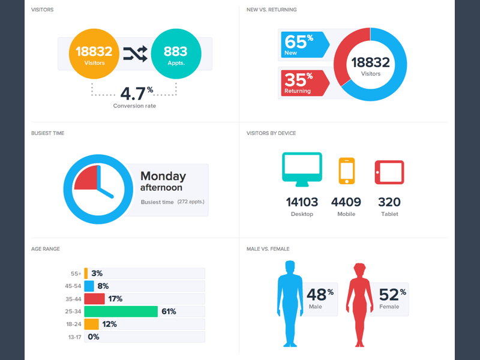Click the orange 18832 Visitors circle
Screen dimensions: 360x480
[x=94, y=55]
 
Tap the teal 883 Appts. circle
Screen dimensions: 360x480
[x=176, y=55]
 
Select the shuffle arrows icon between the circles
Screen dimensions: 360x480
[x=135, y=54]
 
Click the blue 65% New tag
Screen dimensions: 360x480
[x=304, y=46]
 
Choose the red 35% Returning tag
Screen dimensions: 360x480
[x=304, y=83]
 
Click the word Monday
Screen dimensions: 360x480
[x=163, y=176]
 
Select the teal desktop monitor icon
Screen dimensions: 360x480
[x=302, y=167]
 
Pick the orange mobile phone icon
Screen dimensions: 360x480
[x=347, y=171]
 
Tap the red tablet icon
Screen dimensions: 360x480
[x=389, y=172]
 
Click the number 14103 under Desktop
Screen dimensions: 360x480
[x=302, y=202]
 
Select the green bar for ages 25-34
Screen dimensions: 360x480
[x=121, y=311]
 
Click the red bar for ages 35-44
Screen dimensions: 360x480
[x=94, y=298]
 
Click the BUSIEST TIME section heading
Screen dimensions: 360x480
[x=48, y=133]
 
